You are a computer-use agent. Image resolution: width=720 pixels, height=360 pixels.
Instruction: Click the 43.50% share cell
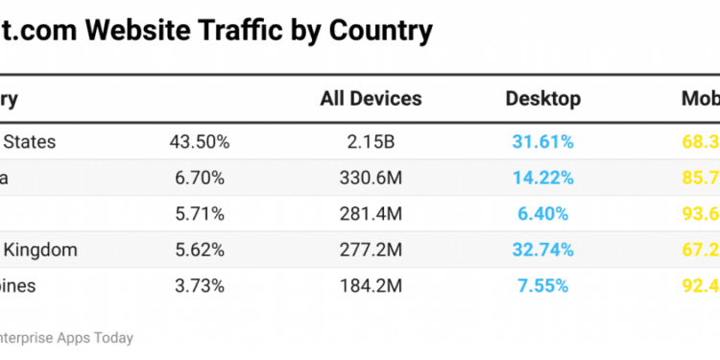[x=199, y=142]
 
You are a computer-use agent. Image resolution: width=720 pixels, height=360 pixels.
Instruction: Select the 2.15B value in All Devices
[x=371, y=142]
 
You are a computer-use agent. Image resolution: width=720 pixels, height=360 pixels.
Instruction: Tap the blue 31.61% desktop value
[x=542, y=142]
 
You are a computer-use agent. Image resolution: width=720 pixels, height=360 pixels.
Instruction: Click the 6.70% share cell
[x=199, y=178]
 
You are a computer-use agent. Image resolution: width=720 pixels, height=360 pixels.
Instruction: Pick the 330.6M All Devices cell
[x=371, y=178]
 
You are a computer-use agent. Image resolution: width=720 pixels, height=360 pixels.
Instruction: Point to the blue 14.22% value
[x=542, y=178]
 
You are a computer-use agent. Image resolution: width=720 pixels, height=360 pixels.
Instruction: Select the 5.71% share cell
[x=199, y=213]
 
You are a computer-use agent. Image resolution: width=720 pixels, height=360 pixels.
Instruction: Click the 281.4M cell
[x=371, y=213]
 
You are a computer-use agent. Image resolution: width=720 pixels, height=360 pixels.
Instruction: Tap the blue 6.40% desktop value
[x=542, y=213]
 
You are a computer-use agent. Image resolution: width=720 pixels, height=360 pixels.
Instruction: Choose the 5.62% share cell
[x=199, y=250]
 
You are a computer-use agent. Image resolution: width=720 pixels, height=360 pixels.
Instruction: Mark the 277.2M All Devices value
[x=371, y=250]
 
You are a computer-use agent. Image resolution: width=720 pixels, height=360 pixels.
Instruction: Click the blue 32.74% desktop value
[x=542, y=250]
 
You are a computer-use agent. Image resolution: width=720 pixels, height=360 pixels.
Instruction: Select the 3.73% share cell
[x=199, y=285]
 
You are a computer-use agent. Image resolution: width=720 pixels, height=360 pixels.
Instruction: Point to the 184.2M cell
[x=371, y=285]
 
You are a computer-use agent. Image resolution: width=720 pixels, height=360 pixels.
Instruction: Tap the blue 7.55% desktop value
[x=542, y=285]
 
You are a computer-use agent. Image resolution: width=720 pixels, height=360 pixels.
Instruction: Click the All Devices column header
[x=371, y=99]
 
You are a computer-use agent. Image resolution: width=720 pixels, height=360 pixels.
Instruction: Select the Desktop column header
[x=542, y=99]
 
